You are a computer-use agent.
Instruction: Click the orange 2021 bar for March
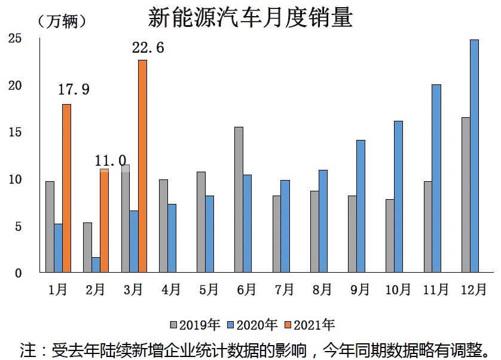pos(142,166)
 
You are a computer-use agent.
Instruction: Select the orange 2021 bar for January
pos(66,188)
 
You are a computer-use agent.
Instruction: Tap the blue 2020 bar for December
pos(475,156)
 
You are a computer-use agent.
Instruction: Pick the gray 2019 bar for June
pos(239,200)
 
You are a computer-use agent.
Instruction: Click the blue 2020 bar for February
pos(96,265)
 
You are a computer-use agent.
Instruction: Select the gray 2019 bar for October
pos(390,236)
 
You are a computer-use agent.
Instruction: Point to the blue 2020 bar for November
pos(436,178)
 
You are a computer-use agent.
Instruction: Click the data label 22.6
pos(148,48)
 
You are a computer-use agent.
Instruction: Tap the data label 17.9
pos(74,89)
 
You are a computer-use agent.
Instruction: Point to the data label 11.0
pos(111,160)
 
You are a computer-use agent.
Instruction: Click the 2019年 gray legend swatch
pos(173,325)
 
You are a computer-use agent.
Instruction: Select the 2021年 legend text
pos(314,325)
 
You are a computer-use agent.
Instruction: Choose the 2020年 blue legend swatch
pos(231,325)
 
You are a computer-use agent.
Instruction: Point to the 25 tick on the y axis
pos(15,38)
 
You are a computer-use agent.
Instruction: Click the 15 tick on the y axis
pos(15,132)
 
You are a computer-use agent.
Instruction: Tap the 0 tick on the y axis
pos(18,273)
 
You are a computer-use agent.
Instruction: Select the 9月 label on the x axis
pos(360,289)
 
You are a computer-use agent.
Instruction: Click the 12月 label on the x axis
pos(474,289)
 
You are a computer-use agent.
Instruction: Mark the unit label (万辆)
pos(62,22)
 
